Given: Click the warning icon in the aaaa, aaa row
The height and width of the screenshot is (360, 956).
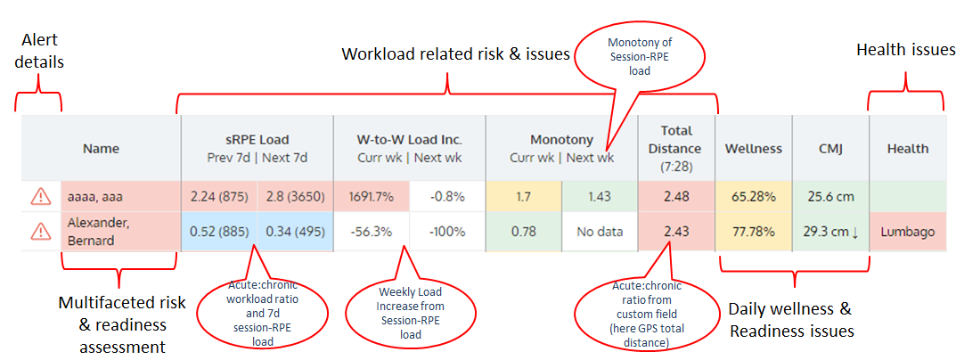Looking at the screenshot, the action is tap(40, 196).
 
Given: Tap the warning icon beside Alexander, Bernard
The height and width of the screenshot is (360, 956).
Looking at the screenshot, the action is tap(40, 231).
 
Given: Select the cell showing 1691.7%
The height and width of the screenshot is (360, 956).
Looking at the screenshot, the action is tap(372, 196).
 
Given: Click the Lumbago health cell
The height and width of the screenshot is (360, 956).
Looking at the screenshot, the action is tap(907, 232).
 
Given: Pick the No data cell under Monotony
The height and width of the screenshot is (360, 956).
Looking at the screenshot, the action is tap(600, 232).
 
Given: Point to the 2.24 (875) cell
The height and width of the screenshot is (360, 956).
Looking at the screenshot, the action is tap(219, 196).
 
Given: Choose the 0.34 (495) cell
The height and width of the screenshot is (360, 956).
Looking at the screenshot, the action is tap(295, 232).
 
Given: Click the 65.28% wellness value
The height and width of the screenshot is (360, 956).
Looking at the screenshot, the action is tap(754, 196).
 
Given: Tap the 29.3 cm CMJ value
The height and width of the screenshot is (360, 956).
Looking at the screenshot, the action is tap(831, 232).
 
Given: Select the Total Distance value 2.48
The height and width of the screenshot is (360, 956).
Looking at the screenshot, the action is tap(677, 196).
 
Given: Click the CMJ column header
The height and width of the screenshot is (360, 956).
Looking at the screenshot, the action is tap(831, 148).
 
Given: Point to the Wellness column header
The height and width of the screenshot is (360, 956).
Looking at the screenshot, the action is tap(754, 148).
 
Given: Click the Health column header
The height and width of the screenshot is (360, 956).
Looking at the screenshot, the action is tap(907, 148).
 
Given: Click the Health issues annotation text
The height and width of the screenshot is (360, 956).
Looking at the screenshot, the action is tap(905, 51).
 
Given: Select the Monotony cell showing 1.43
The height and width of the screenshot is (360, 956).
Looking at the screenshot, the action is tap(600, 196).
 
